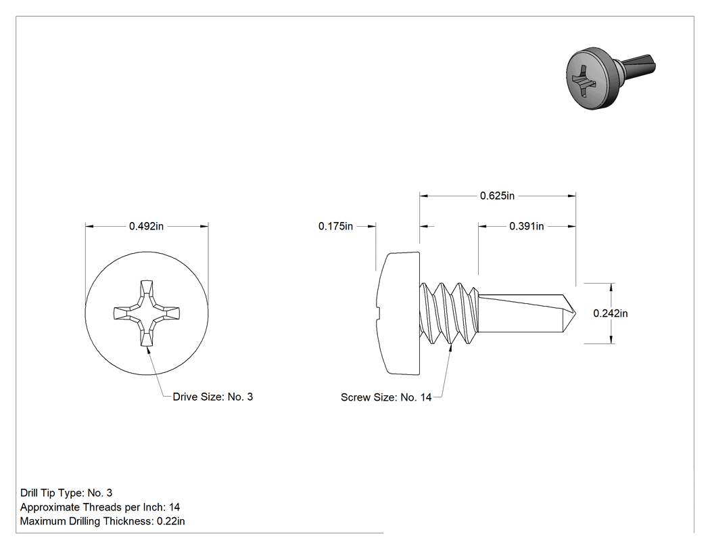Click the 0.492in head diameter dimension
146,226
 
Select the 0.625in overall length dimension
497,196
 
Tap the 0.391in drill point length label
526,226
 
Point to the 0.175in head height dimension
335,226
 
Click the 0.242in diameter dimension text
611,313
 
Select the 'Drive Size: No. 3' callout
213,397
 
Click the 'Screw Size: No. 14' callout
386,397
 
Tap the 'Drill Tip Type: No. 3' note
66,493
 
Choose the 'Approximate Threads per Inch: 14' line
100,507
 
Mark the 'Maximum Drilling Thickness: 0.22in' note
102,521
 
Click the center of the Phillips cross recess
146,313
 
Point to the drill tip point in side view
575,313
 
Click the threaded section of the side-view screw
448,313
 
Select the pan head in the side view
398,313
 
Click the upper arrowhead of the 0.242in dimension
611,287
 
